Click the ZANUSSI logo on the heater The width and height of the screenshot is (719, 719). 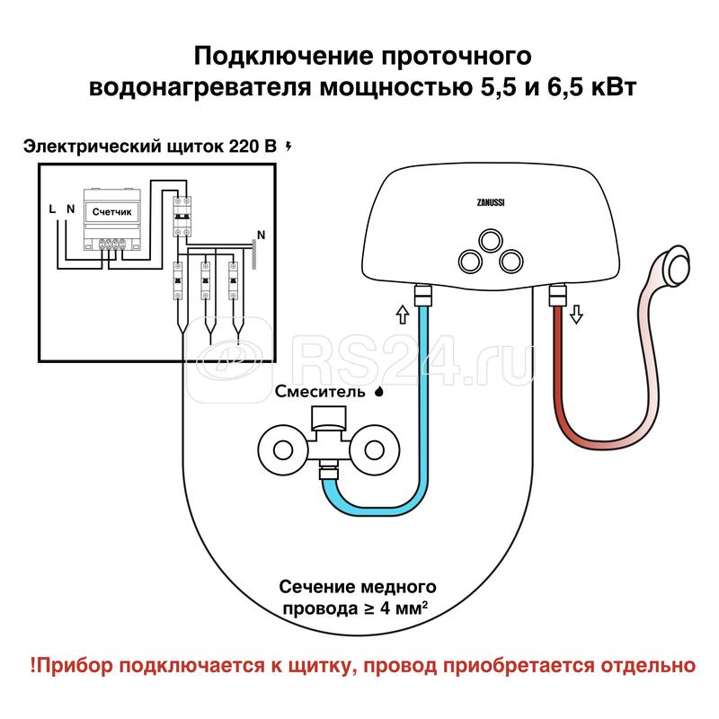(x=489, y=202)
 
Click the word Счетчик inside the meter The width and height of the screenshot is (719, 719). (x=112, y=210)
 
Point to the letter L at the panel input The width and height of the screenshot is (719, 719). (x=53, y=209)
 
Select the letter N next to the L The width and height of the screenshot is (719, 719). (x=70, y=209)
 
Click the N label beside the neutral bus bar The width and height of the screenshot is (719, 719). (x=262, y=236)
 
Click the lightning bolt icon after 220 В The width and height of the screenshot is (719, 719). (x=288, y=146)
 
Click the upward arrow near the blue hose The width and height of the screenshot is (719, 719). (x=402, y=315)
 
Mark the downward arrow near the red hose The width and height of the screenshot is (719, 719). (x=577, y=315)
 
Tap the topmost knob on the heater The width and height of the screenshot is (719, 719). (x=490, y=238)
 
